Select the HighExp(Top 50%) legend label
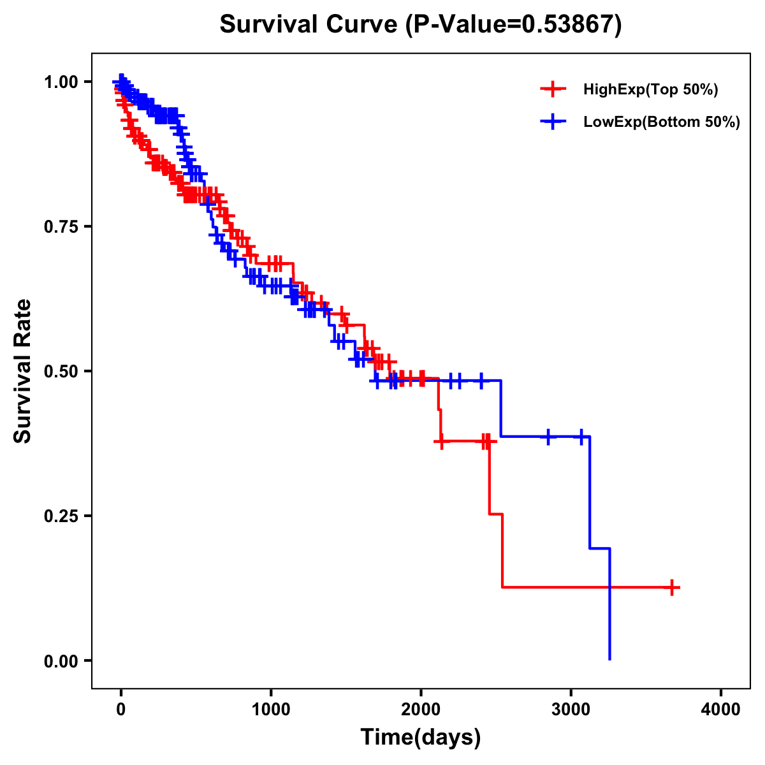[x=650, y=90]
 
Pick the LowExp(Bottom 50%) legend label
[x=662, y=122]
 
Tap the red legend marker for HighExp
[x=553, y=90]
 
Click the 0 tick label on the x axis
[x=121, y=710]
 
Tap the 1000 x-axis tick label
[x=271, y=710]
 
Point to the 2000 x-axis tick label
[x=421, y=710]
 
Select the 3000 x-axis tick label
[x=571, y=710]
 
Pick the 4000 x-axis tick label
[x=721, y=710]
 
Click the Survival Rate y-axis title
[x=23, y=371]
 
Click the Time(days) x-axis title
[x=421, y=738]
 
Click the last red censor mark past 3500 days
[x=672, y=587]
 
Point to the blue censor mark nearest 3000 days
[x=581, y=437]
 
